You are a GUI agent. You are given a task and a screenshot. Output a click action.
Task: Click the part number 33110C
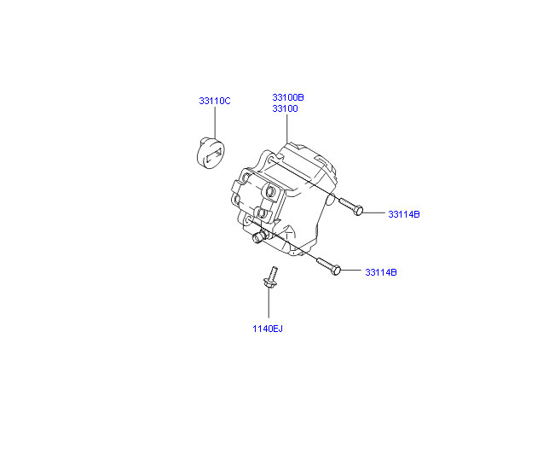click(215, 101)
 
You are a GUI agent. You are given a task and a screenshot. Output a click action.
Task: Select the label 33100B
click(288, 97)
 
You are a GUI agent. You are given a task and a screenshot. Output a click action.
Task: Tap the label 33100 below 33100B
click(285, 108)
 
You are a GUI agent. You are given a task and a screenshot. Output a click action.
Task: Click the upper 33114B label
click(404, 214)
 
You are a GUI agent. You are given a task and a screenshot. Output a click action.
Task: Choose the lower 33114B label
click(381, 272)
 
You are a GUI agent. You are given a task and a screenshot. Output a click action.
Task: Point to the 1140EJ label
click(268, 329)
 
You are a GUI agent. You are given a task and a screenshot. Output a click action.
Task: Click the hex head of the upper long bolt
click(358, 211)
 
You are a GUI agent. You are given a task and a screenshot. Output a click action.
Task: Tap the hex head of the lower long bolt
click(335, 270)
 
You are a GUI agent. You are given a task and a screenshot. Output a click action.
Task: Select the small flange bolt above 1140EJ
click(270, 277)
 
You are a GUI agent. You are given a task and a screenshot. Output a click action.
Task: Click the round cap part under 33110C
click(211, 154)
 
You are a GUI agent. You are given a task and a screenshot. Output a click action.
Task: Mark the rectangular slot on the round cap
click(214, 155)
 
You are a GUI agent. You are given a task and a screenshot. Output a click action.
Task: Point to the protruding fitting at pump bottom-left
click(259, 236)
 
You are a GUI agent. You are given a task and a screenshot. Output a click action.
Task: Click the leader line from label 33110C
click(215, 123)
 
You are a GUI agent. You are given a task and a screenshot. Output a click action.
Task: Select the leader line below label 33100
click(287, 128)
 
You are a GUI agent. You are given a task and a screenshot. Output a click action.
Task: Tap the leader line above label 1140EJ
click(269, 303)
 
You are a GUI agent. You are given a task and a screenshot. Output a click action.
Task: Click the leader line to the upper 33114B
click(373, 213)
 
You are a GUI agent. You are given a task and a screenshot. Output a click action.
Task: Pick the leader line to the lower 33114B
click(351, 271)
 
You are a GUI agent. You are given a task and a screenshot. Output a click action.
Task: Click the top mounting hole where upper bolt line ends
click(271, 160)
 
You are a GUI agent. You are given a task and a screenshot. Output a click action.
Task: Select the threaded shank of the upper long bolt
click(347, 204)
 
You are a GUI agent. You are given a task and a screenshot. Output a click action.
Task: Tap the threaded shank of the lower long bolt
click(324, 264)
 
